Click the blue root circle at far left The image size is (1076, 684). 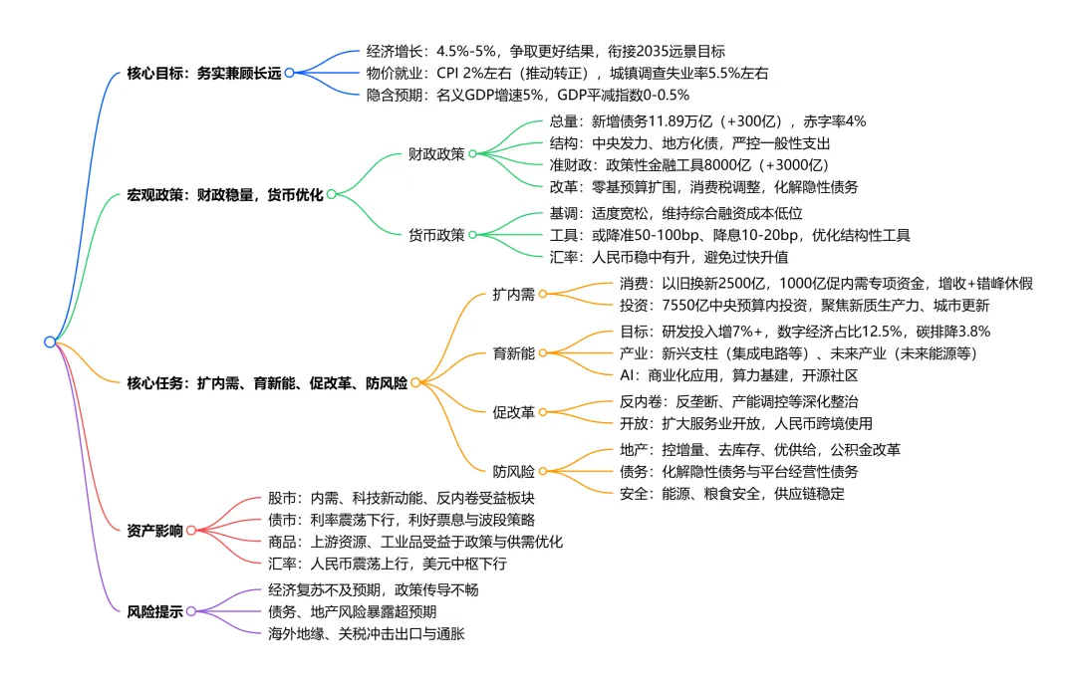pos(50,342)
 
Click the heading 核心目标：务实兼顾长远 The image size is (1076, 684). pos(204,73)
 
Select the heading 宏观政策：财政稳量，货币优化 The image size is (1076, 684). pos(225,194)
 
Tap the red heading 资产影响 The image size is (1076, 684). pos(154,531)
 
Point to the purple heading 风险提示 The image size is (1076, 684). pos(154,611)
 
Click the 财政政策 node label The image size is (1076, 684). pos(436,154)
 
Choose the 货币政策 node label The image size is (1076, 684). pos(436,235)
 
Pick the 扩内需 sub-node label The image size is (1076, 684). pos(513,294)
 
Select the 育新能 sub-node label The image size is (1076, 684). pos(513,353)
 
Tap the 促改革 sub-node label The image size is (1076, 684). pos(513,412)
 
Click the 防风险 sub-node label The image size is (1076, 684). pos(513,471)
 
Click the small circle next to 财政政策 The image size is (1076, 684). pos(473,154)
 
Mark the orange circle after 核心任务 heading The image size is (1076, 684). pos(416,382)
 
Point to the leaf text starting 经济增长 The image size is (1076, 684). pos(546,51)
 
